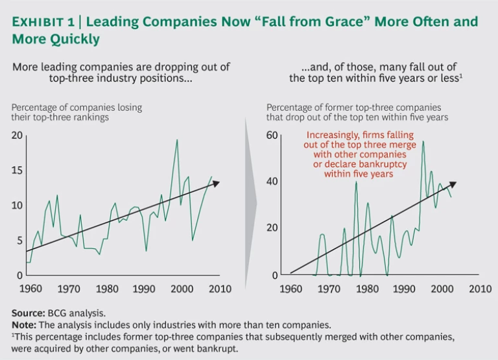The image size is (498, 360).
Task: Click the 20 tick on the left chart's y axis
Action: click(x=18, y=136)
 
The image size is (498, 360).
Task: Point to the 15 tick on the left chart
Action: click(x=18, y=171)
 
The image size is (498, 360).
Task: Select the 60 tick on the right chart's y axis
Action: click(x=272, y=136)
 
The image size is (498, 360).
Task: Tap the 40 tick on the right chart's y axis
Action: click(x=272, y=182)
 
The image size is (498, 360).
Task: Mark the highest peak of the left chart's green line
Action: click(x=177, y=139)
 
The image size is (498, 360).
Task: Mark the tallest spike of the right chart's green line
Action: click(x=423, y=141)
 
